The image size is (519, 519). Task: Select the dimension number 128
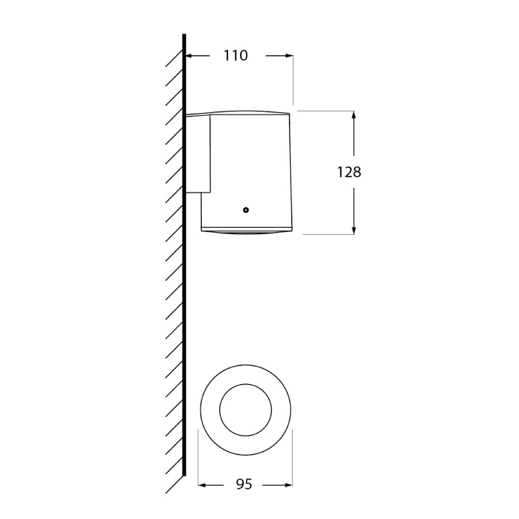point(349,172)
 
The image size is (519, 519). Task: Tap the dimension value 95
point(244,484)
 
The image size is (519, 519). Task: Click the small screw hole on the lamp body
point(246,210)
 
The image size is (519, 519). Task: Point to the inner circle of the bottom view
point(245,409)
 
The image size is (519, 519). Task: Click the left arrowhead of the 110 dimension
point(190,56)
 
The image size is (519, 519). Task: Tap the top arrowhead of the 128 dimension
point(353,115)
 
